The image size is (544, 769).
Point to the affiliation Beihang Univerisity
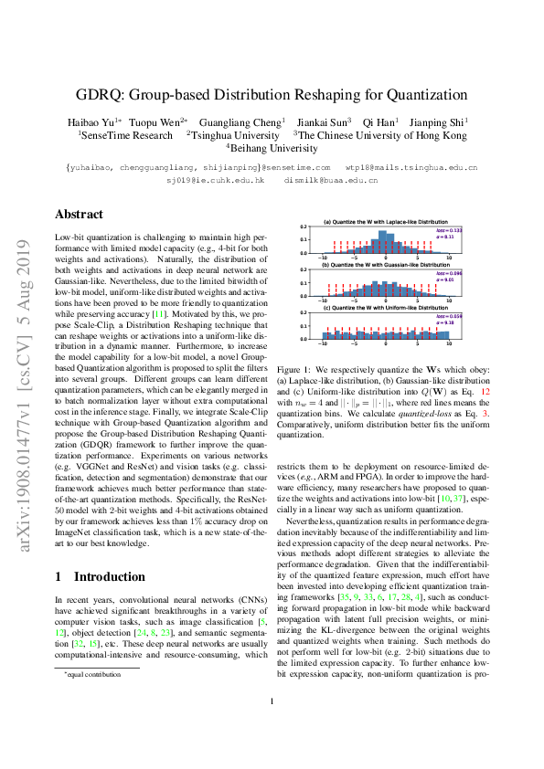pos(272,147)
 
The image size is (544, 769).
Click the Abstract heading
pos(79,215)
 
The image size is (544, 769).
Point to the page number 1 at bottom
pos(272,727)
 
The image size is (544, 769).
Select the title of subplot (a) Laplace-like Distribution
pos(383,223)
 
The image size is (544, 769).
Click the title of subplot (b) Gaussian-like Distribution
pos(383,264)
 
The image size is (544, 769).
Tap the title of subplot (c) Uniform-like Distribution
pos(383,306)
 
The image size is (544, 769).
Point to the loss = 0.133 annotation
pos(449,230)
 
